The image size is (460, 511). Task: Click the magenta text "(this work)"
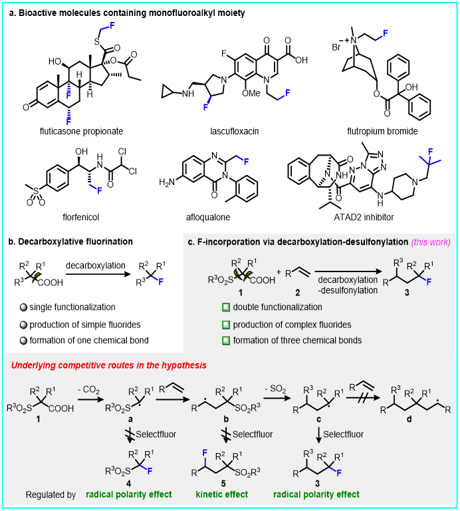tap(431, 242)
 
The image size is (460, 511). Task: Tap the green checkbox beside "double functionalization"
tap(227, 307)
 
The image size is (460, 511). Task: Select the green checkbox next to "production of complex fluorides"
tap(227, 325)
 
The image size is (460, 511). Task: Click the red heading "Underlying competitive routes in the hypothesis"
tap(108, 365)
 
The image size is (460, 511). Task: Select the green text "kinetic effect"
tap(221, 494)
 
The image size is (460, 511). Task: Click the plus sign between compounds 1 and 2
tap(279, 271)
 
